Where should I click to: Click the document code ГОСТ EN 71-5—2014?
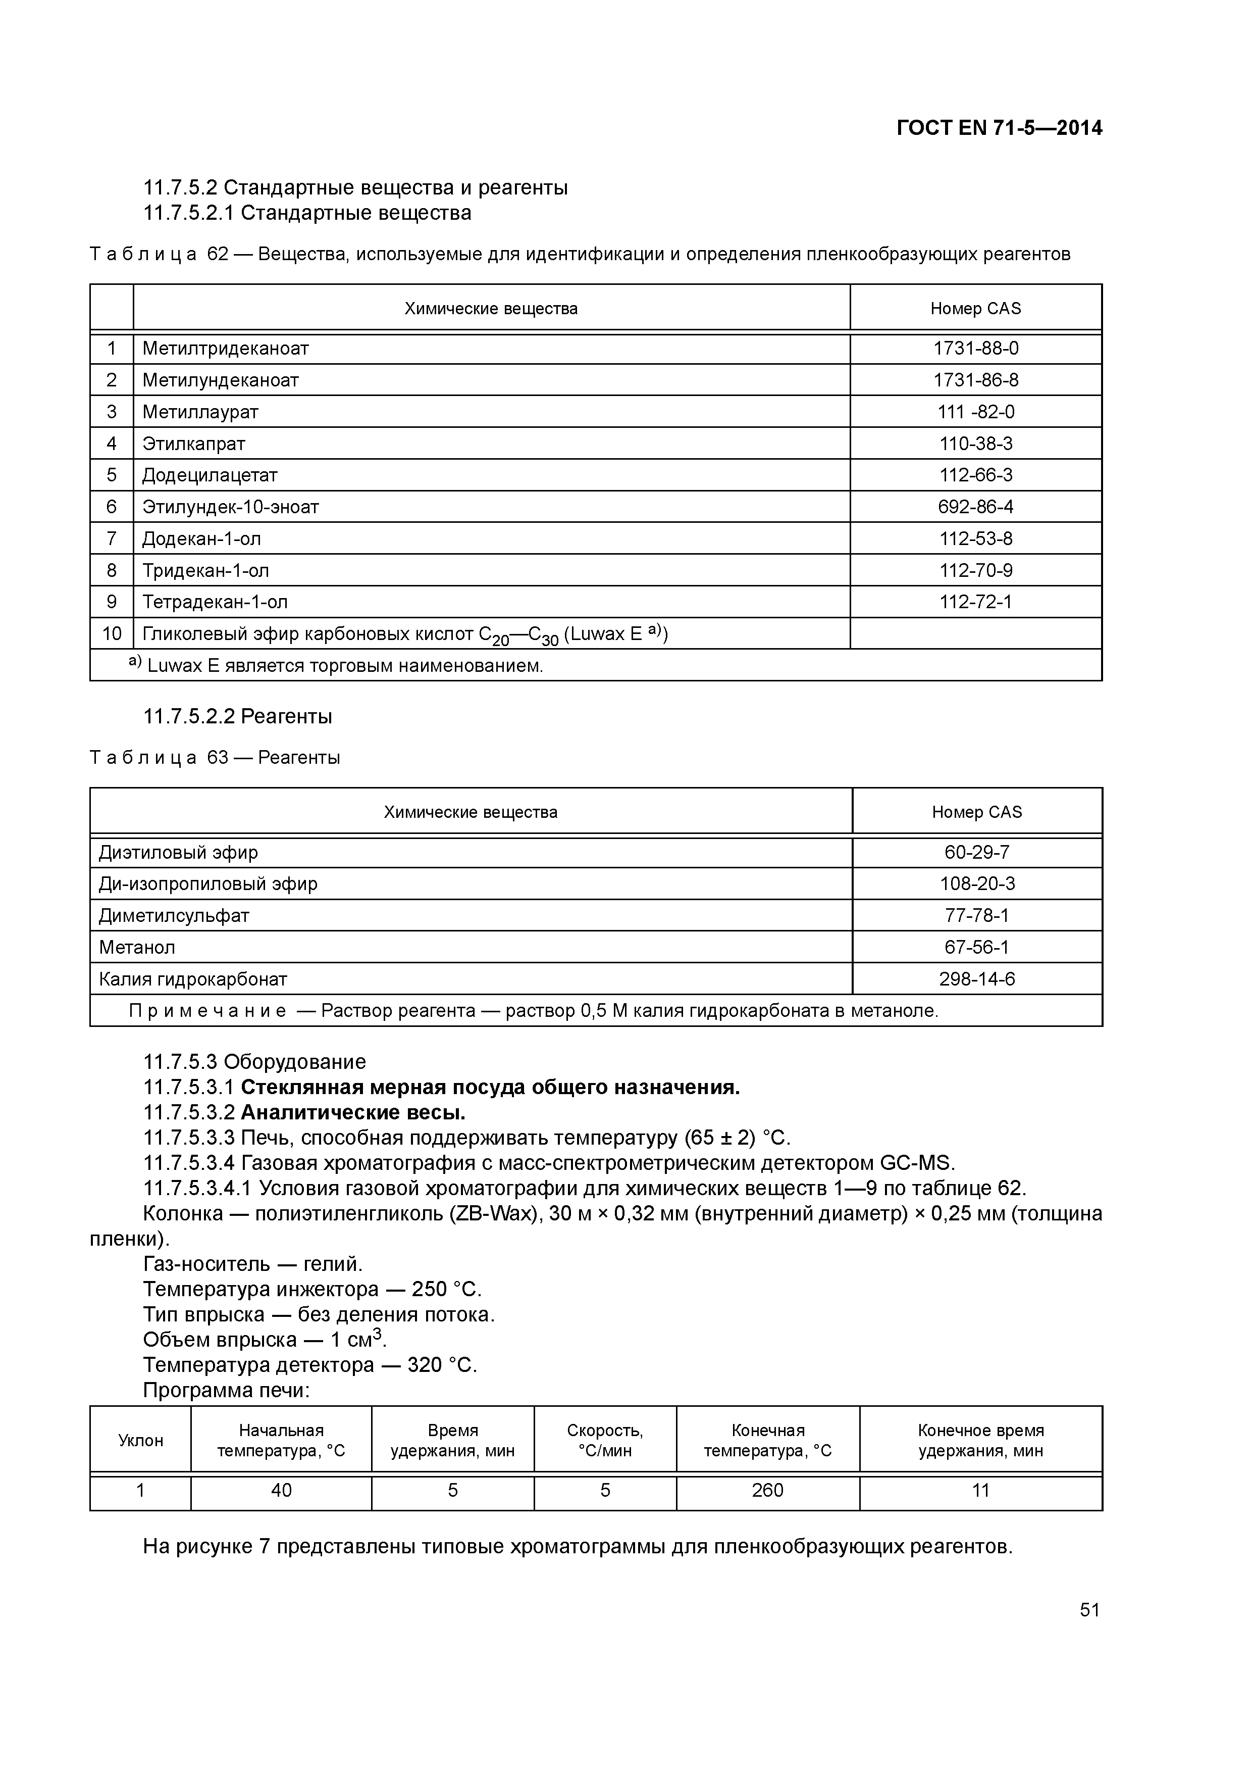(x=999, y=128)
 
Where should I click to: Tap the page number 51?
(x=1089, y=1609)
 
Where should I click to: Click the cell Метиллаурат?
(x=200, y=412)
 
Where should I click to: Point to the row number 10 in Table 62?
(x=112, y=633)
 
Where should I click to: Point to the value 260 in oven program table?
(x=767, y=1490)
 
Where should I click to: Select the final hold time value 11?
(x=980, y=1490)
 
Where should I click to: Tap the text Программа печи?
(x=226, y=1391)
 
